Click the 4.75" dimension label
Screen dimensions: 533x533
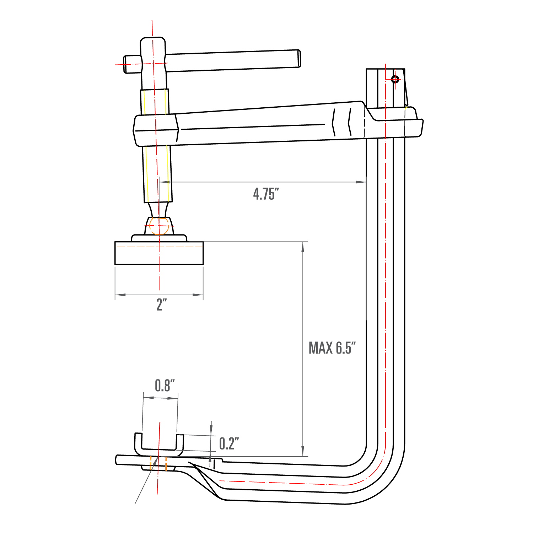266,194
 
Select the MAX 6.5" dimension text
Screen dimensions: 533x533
332,348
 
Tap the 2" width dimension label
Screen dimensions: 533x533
162,305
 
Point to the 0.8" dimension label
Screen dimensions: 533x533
165,386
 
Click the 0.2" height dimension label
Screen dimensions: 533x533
229,444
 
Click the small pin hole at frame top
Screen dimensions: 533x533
395,79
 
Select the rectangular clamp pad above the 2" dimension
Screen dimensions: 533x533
159,253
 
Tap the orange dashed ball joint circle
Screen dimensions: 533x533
159,226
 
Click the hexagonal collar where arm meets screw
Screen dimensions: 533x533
156,130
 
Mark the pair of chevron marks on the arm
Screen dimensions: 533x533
342,122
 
